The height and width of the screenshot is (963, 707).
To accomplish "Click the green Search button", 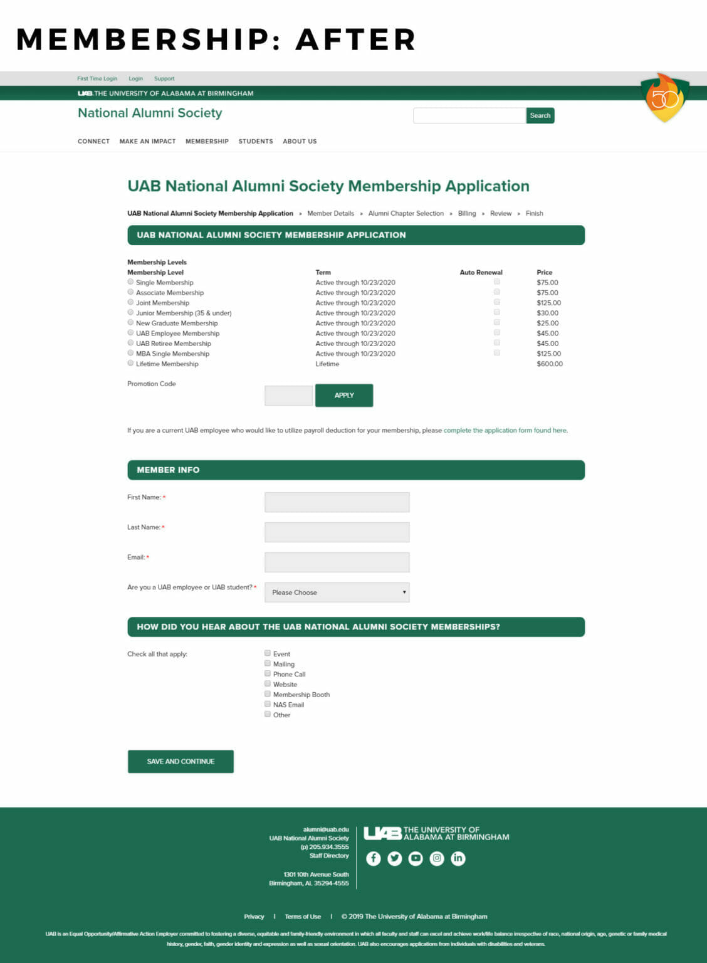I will click(540, 115).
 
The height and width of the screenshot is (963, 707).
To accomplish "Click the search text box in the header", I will click(469, 115).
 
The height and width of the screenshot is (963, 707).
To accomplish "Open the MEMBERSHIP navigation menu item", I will click(207, 142).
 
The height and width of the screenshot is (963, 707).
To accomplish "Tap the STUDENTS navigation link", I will click(256, 142).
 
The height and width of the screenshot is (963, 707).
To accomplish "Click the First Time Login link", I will click(97, 79).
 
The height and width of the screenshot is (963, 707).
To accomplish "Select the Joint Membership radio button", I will click(130, 302).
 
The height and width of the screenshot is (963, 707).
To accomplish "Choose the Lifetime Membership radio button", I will click(130, 363).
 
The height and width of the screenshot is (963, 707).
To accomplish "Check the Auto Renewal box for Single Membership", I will click(496, 282).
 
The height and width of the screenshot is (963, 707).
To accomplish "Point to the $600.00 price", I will click(550, 364).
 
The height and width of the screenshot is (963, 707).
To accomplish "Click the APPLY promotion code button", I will click(344, 396).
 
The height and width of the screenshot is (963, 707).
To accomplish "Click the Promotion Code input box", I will click(288, 396).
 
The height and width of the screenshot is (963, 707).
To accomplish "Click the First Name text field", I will click(337, 502).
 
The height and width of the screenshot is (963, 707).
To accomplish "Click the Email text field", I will click(337, 562).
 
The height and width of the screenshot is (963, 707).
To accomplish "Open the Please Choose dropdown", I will click(337, 592).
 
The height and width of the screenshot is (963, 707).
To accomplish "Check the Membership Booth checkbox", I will click(268, 694).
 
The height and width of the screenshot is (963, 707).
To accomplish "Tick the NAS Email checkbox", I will click(268, 704).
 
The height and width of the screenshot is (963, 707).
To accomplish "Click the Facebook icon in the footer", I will click(374, 858).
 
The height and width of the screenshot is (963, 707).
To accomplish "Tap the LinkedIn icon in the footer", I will click(458, 858).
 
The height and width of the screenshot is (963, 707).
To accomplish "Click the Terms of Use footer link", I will click(303, 917).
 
